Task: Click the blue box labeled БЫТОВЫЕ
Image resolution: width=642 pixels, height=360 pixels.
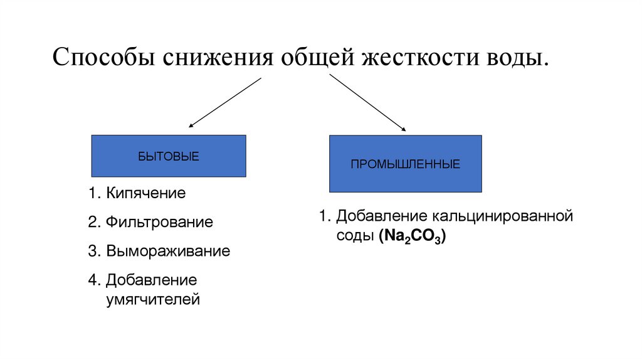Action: tap(169, 156)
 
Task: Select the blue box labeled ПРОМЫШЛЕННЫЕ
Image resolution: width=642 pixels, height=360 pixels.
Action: tap(405, 164)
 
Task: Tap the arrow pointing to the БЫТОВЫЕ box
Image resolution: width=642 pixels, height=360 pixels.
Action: tap(224, 103)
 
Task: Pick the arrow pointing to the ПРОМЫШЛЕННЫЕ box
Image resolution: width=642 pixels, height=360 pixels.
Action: tap(367, 103)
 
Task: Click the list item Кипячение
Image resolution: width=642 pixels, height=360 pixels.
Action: tap(145, 193)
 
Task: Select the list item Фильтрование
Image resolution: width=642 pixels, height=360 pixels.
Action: tap(159, 222)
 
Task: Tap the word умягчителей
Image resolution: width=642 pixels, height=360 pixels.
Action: tap(152, 300)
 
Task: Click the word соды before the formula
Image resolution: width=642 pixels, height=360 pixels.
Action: tap(355, 237)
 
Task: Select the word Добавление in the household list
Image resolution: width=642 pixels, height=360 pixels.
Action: tap(151, 280)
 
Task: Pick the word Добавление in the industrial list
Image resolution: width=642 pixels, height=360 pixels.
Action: tap(381, 217)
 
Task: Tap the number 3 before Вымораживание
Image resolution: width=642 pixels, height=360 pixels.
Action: tap(92, 251)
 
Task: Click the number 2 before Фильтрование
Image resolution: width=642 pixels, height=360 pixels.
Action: tap(92, 222)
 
